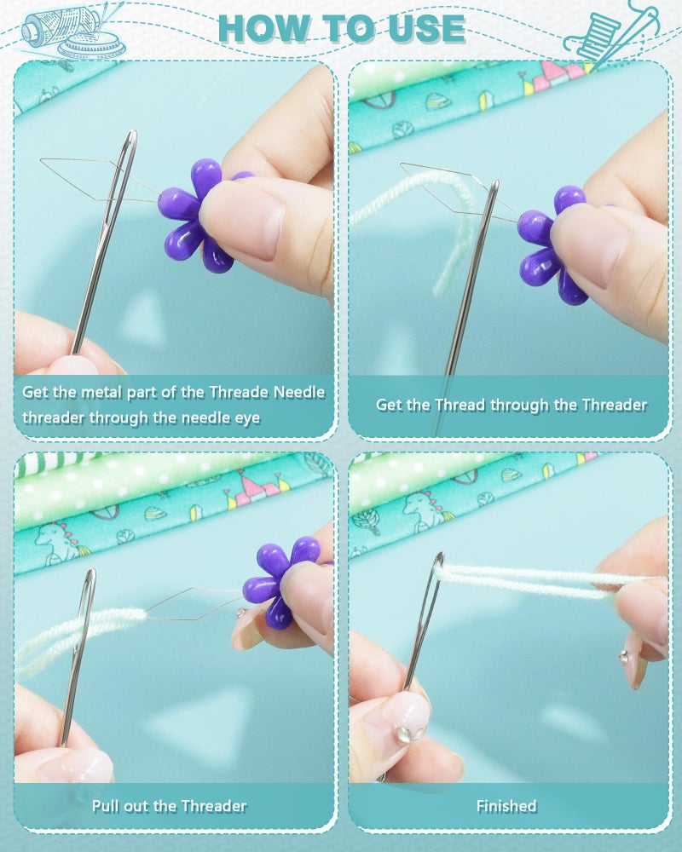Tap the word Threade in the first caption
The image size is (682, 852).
tap(240, 392)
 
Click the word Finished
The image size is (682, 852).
tap(506, 806)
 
